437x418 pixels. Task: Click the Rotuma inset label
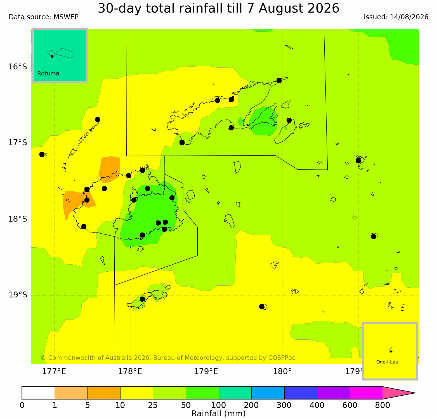pos(48,74)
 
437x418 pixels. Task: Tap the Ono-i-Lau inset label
pos(387,362)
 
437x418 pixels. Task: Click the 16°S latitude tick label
pos(18,67)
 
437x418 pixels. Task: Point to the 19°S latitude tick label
pos(18,295)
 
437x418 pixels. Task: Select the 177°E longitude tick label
pos(54,372)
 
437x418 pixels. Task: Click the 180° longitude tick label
pos(282,372)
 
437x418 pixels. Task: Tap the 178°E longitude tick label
pos(130,372)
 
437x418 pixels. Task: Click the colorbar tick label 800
pos(382,405)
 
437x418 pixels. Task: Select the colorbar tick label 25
pos(153,405)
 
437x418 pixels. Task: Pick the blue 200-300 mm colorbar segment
pos(268,393)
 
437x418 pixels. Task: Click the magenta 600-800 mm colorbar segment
pos(366,393)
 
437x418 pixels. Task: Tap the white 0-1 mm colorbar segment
pos(38,393)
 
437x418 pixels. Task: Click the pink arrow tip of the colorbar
pos(415,393)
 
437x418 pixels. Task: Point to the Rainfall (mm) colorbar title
pos(218,414)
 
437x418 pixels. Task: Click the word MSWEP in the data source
pos(66,17)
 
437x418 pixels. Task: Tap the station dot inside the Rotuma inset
pos(52,56)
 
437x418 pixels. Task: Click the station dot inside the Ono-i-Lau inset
pos(391,351)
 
